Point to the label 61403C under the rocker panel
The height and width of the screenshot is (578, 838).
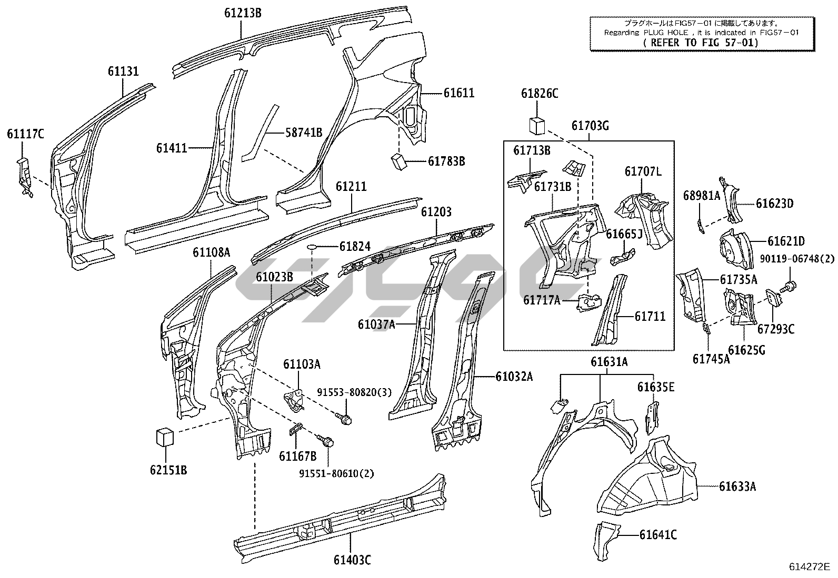click(352, 560)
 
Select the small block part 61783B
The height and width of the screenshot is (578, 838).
click(398, 161)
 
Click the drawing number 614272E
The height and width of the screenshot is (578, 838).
click(809, 566)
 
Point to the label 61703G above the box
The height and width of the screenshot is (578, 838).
click(590, 126)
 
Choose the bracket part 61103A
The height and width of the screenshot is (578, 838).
click(295, 399)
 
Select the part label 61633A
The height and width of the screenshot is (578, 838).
click(737, 486)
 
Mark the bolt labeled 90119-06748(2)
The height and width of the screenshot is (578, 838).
click(789, 287)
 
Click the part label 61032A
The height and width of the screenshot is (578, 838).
click(514, 376)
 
